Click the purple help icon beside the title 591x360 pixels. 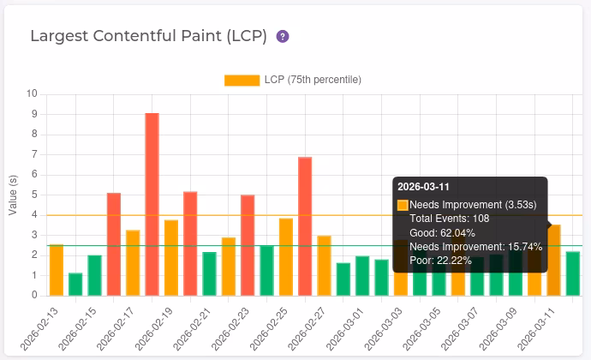click(x=283, y=37)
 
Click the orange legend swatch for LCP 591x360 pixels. click(x=242, y=80)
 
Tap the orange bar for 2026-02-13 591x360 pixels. click(x=57, y=270)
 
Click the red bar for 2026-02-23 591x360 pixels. click(x=248, y=245)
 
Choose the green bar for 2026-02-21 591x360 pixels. click(x=209, y=273)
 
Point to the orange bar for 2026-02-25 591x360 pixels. click(x=286, y=256)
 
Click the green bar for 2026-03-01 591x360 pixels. click(x=362, y=276)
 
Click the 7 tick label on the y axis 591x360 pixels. click(x=34, y=154)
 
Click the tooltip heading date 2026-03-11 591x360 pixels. click(x=424, y=187)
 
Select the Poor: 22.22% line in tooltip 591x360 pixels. click(x=434, y=260)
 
